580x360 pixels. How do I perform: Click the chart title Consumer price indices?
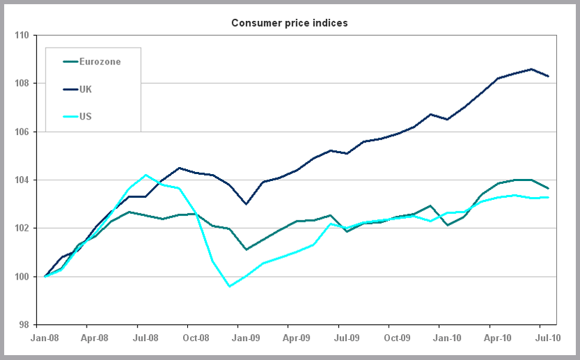pos(289,23)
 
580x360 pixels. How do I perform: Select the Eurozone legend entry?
pos(100,62)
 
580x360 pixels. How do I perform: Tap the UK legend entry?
pos(86,89)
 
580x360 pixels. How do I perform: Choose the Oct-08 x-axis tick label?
pos(196,338)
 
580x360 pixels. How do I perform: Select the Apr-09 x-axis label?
pos(296,338)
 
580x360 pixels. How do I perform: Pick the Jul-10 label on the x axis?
pos(548,338)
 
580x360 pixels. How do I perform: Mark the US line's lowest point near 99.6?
pos(229,286)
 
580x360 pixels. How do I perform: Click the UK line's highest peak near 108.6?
pos(532,69)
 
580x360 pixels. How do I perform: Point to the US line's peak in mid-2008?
pos(145,175)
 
